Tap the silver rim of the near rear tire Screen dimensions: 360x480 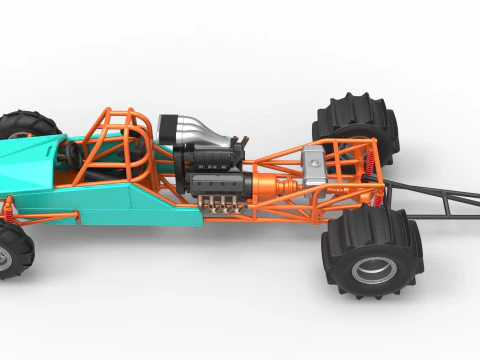coord(373,269)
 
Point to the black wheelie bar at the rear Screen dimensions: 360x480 coord(440,200)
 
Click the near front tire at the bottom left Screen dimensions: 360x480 coord(12,250)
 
